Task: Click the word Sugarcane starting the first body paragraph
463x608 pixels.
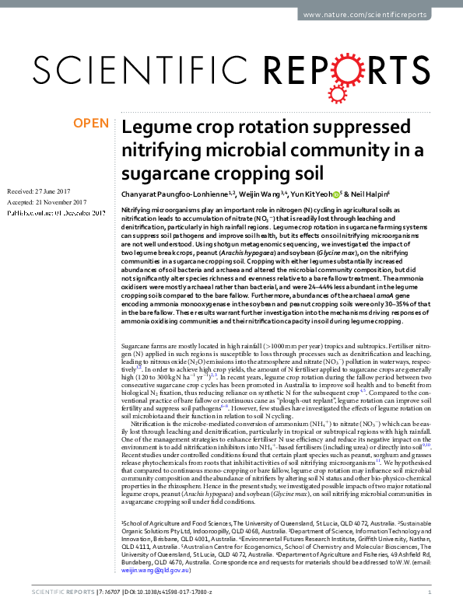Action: (139, 364)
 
